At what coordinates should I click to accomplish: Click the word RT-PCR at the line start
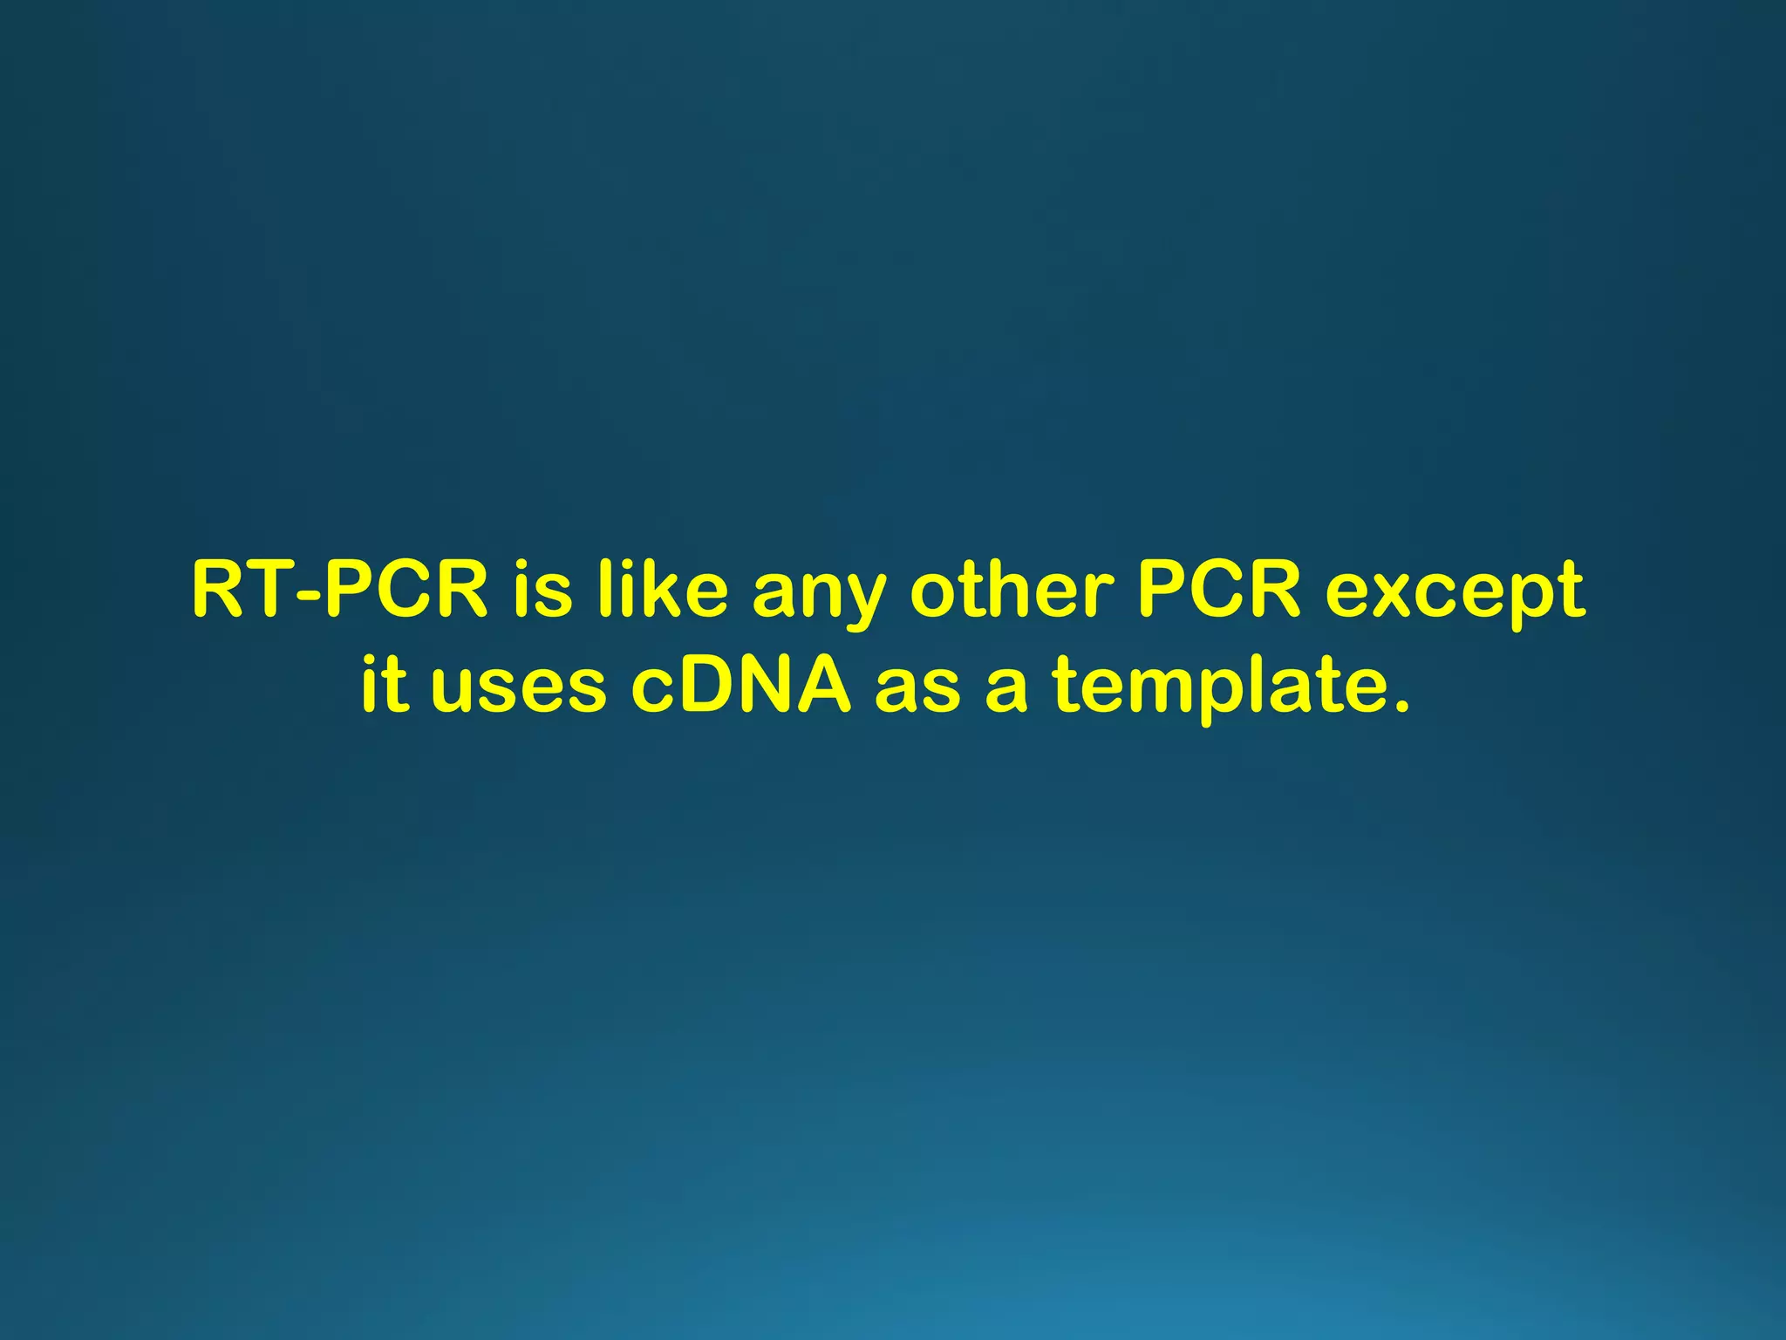click(x=339, y=591)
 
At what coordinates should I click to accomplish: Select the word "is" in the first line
click(x=542, y=591)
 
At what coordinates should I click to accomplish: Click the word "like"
click(x=663, y=591)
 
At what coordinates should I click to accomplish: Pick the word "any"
click(x=818, y=598)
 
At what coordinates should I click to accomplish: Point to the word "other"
click(x=1012, y=591)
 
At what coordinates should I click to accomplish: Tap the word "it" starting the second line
click(x=385, y=684)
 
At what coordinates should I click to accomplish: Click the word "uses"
click(x=518, y=689)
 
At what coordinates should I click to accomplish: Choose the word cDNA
click(x=740, y=684)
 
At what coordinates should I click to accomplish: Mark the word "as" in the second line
click(x=917, y=689)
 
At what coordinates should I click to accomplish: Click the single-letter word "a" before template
click(x=1006, y=689)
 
